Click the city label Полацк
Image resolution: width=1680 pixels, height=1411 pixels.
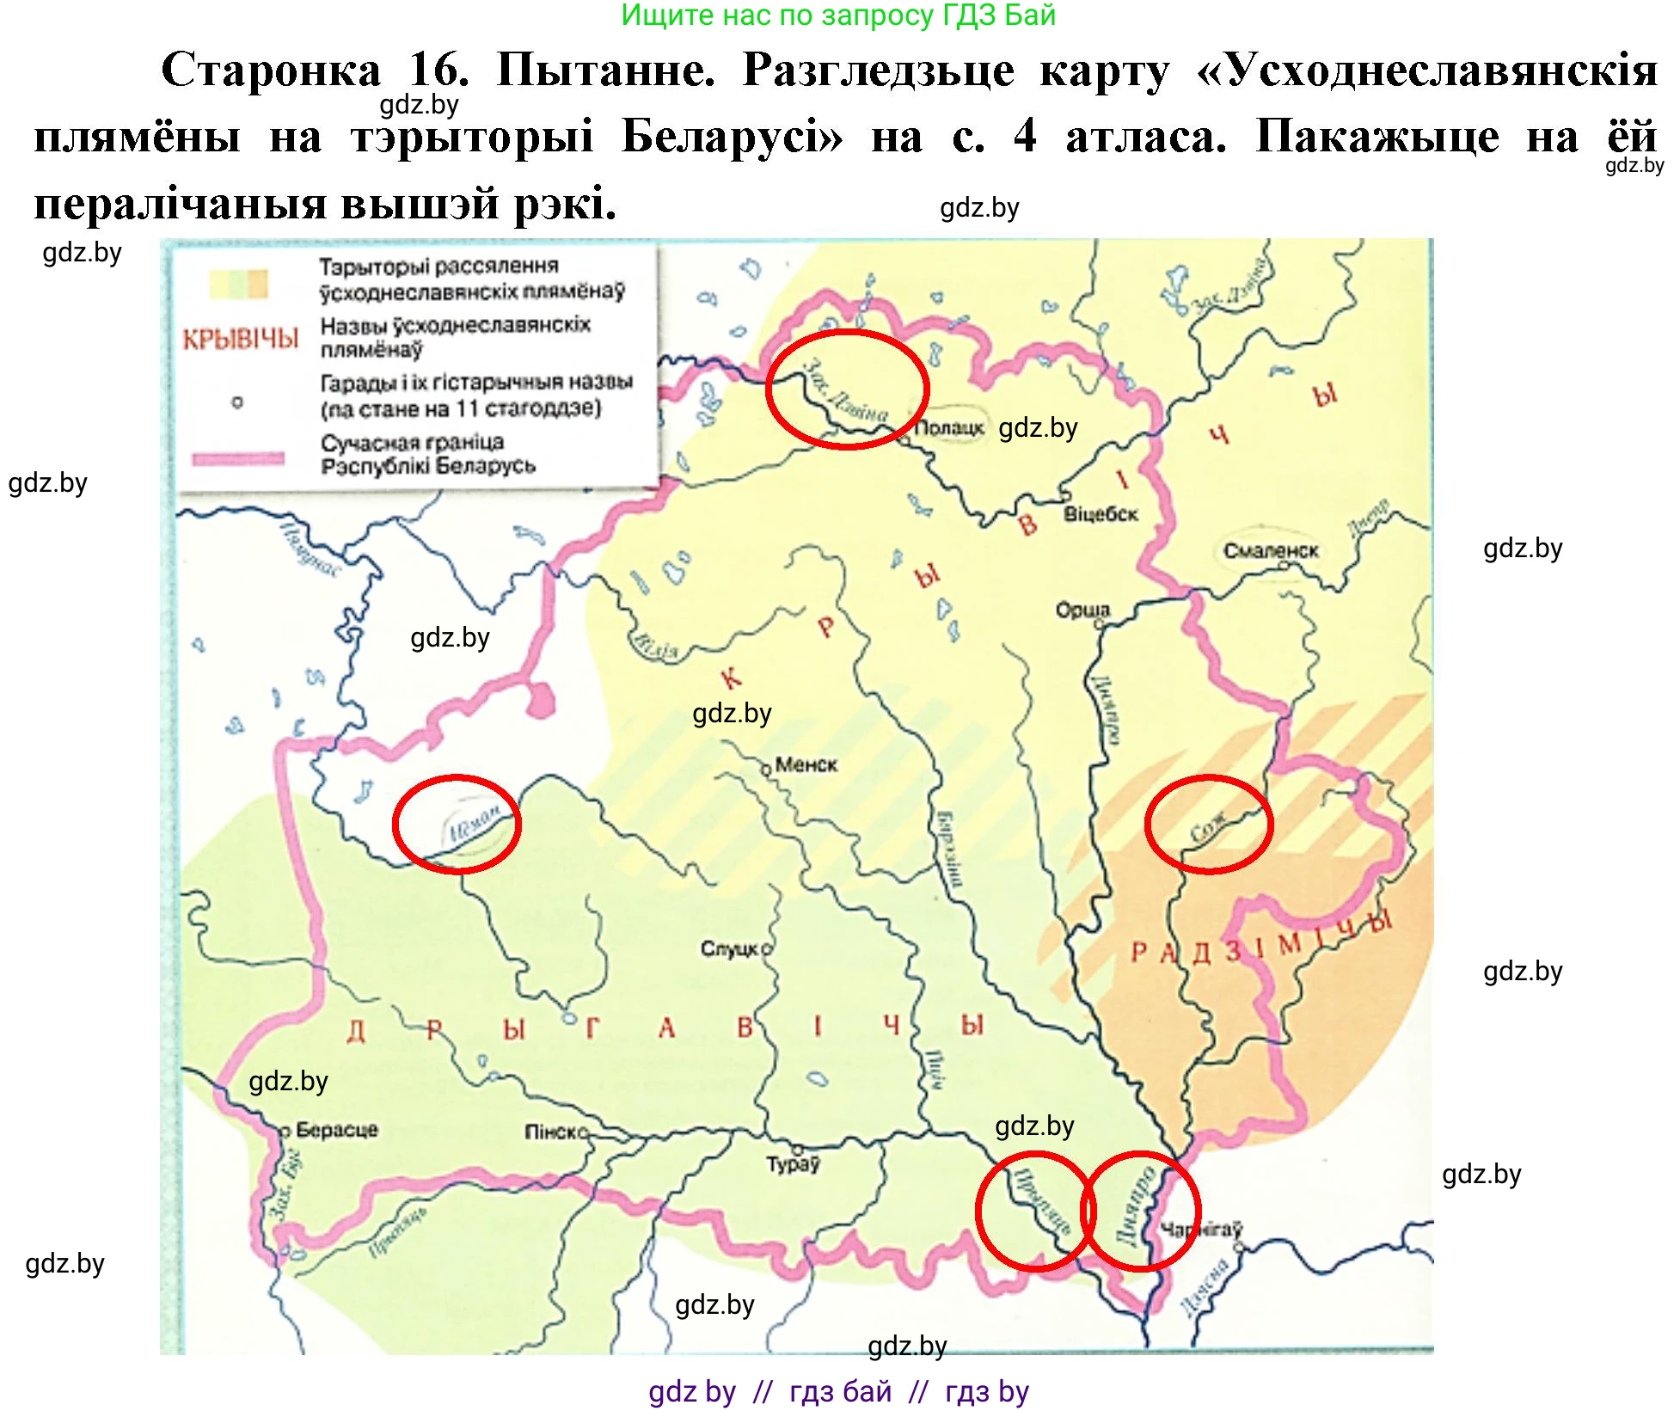949,427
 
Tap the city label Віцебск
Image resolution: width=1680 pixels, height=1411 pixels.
1101,514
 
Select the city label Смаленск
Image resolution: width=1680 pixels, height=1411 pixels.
1270,550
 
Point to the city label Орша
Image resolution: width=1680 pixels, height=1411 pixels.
1082,610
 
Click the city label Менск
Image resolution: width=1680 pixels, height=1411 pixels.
806,764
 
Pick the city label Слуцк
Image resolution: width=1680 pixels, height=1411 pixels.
729,948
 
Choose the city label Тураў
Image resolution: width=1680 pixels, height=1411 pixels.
793,1164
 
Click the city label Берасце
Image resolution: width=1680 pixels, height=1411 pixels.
336,1130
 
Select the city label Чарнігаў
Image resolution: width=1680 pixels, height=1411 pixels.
1202,1230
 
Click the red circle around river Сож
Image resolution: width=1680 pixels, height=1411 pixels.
1209,825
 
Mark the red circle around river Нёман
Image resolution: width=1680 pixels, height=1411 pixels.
457,825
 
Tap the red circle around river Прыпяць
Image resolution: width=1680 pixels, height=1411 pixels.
1034,1211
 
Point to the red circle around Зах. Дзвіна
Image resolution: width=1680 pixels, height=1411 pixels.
847,389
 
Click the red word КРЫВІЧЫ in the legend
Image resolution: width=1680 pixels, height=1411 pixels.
241,340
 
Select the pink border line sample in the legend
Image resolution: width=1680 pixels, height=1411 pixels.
238,458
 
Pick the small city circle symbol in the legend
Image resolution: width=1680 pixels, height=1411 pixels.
237,402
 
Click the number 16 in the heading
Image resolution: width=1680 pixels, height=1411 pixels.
438,70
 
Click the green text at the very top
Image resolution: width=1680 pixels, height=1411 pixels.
837,15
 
